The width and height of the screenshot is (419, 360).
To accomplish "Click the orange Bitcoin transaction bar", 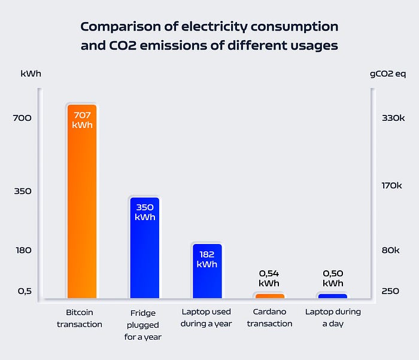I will (x=81, y=209).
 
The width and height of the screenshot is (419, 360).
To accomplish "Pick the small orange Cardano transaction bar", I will (x=270, y=295).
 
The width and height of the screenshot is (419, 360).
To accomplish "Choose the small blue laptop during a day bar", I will (x=333, y=295).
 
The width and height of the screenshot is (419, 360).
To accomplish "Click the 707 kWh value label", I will (x=82, y=120).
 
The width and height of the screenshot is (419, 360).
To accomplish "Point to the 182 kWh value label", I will (x=207, y=259).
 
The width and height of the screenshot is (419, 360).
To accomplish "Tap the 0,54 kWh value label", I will (x=269, y=278).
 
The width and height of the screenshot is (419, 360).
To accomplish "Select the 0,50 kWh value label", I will (x=333, y=278).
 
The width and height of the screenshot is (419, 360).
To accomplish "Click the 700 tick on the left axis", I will (x=22, y=118).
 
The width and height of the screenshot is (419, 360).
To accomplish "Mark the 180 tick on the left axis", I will (x=23, y=250).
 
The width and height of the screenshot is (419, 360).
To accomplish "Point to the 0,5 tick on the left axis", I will (x=24, y=291).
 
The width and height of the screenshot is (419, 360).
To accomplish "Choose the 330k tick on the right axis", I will (x=393, y=118).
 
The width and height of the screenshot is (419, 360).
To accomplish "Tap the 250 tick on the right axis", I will (x=390, y=291).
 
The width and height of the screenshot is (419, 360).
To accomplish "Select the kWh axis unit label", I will (x=31, y=74).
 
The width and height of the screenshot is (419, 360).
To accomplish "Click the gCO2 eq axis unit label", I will (x=388, y=74).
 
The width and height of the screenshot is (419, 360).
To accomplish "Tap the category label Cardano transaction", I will (x=269, y=318).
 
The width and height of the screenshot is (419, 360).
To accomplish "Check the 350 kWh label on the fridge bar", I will (x=145, y=212).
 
